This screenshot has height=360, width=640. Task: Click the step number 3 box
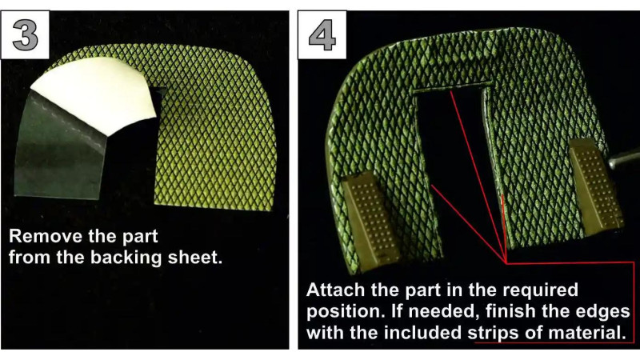26,34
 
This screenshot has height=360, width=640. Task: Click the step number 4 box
322,34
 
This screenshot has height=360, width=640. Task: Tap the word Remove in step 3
40,236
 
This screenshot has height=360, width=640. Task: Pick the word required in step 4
540,290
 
